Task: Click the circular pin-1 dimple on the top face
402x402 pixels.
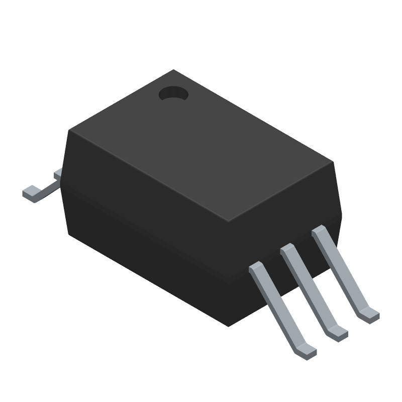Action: pyautogui.click(x=172, y=93)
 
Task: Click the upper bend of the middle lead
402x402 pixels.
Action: pyautogui.click(x=287, y=250)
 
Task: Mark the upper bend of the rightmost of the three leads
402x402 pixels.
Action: pyautogui.click(x=319, y=233)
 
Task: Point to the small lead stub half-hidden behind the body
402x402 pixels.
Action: pyautogui.click(x=57, y=173)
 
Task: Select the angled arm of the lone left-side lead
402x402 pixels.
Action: pyautogui.click(x=48, y=186)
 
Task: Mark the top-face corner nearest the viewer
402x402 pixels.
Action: pyautogui.click(x=229, y=222)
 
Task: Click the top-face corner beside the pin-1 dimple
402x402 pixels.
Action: pyautogui.click(x=173, y=70)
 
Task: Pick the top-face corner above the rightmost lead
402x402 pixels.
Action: pyautogui.click(x=333, y=162)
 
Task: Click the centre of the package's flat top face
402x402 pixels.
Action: pyautogui.click(x=201, y=146)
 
